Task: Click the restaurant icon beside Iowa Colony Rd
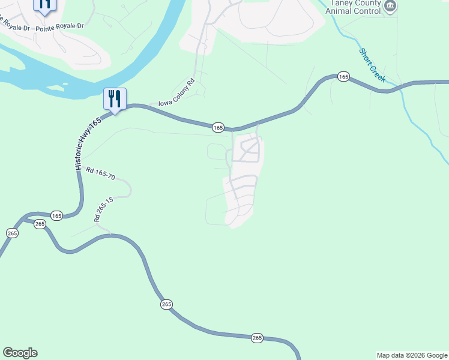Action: click(x=115, y=98)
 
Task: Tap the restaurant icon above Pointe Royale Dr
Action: click(x=44, y=5)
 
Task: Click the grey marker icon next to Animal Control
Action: click(x=391, y=7)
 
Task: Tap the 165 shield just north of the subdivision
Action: click(x=218, y=127)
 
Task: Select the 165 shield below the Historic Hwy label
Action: click(x=56, y=215)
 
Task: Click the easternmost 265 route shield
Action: click(x=257, y=338)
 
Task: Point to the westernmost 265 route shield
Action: click(x=13, y=233)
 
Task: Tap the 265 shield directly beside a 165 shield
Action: click(x=40, y=224)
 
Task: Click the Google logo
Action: click(x=20, y=353)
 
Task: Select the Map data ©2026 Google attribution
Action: click(x=411, y=355)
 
